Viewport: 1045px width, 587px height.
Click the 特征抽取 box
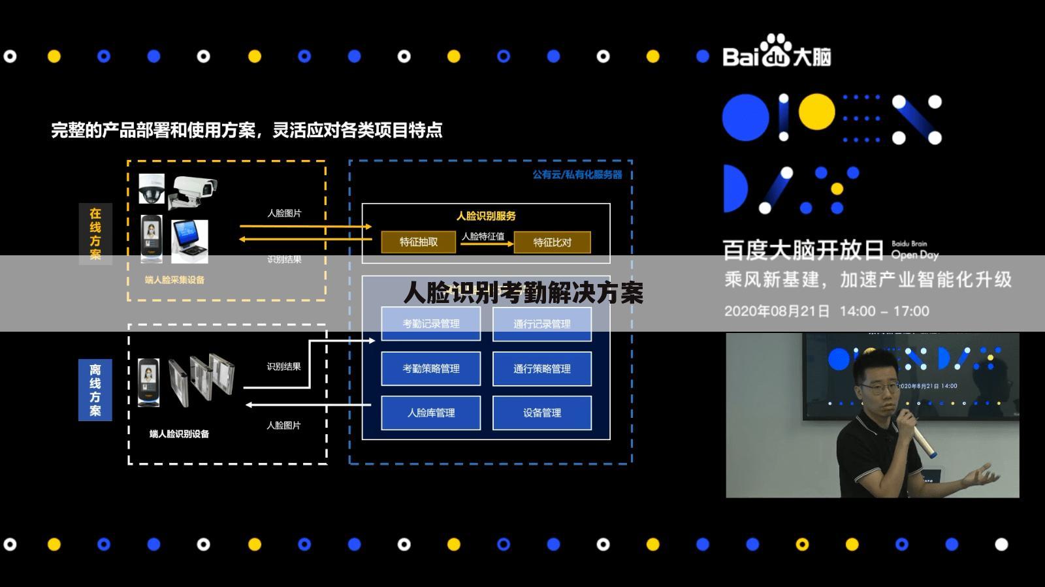tap(419, 242)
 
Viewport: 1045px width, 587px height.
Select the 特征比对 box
tap(552, 242)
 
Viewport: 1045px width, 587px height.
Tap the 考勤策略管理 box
tap(431, 369)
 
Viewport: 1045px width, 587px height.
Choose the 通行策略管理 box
tap(542, 369)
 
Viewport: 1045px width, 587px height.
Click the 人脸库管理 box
tap(431, 413)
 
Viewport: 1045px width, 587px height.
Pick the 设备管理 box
tap(542, 413)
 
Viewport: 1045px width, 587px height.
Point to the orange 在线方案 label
tap(95, 234)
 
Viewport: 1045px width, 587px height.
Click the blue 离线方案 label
tap(95, 390)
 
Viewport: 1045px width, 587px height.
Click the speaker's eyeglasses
tap(878, 389)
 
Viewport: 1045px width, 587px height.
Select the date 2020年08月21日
tap(777, 311)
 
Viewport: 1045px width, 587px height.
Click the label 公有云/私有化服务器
tap(577, 175)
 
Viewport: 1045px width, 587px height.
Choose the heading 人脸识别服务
tap(486, 216)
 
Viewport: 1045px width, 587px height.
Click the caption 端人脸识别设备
tap(179, 434)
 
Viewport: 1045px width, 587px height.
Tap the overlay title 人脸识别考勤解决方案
tap(523, 293)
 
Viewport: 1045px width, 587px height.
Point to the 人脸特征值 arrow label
tap(483, 236)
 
